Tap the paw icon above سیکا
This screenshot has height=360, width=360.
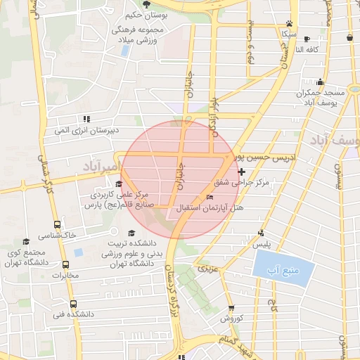coord(288,22)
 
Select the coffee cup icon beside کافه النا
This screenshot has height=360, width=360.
coord(349,39)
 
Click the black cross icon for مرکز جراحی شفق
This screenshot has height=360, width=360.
coord(242,171)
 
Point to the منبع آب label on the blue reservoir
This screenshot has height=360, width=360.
coord(283,270)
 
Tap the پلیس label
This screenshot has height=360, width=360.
coord(262,244)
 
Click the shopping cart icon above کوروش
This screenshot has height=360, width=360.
coord(231,308)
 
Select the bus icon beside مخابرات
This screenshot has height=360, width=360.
coord(66,265)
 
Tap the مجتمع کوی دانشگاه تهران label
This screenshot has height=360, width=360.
coord(29,257)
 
